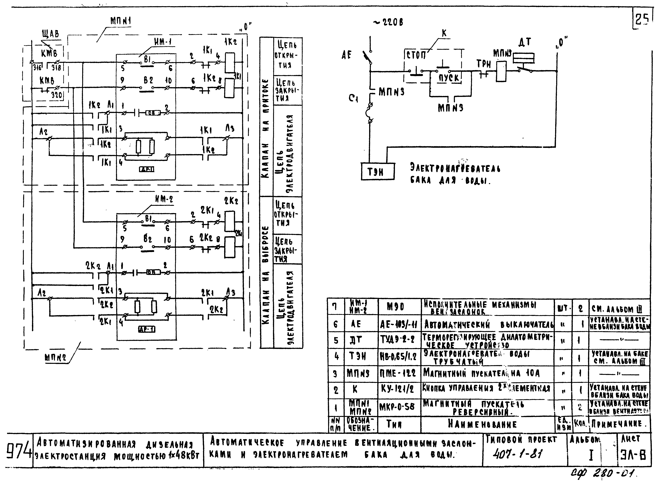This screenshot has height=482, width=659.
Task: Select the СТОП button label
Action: [x=416, y=55]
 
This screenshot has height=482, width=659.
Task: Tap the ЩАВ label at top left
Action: [x=50, y=34]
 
